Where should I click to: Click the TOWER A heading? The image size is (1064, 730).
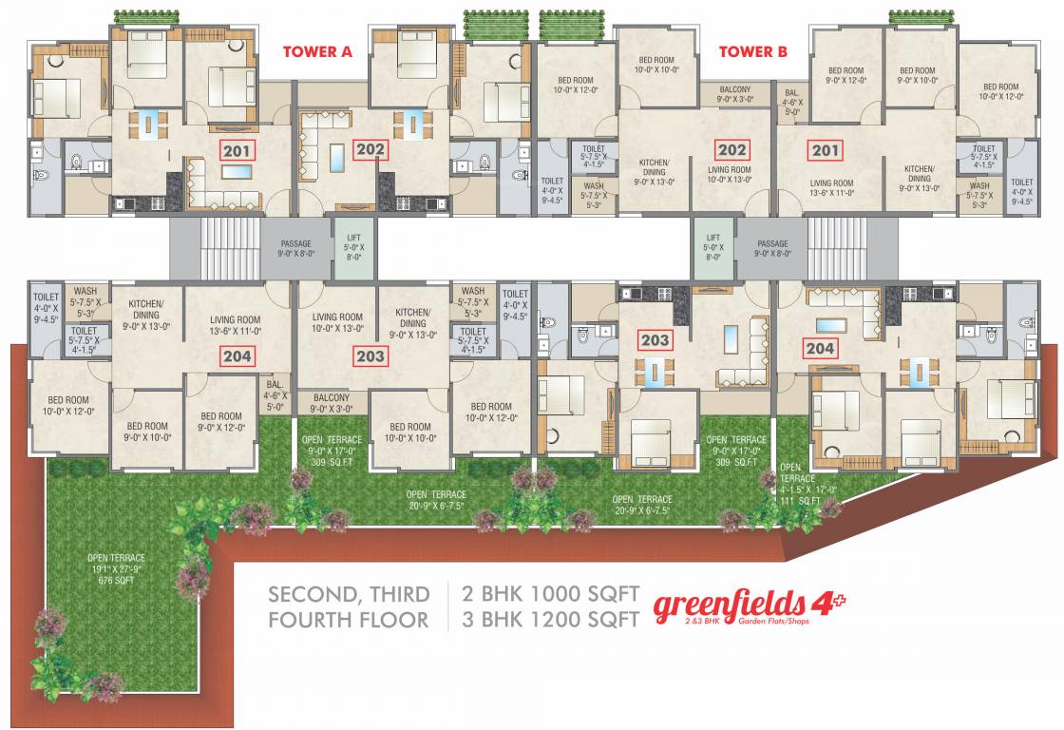click(317, 52)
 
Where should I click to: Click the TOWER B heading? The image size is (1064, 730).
click(752, 52)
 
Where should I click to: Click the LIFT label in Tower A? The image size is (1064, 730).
click(346, 250)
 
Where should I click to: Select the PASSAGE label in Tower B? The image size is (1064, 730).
click(772, 249)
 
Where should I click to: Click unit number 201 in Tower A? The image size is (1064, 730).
click(235, 149)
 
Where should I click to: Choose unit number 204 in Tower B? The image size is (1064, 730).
click(820, 348)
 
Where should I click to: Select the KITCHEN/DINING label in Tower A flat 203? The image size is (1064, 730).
click(412, 323)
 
